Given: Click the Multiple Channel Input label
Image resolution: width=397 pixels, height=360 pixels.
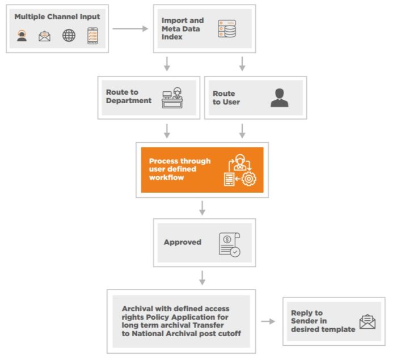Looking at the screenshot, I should pos(57,16).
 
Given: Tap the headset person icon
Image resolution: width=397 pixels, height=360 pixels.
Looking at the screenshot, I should pos(22,36).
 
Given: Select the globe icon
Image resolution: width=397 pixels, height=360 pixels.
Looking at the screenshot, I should pos(69,36).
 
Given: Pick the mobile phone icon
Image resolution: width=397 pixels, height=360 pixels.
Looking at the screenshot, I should pos(92,36).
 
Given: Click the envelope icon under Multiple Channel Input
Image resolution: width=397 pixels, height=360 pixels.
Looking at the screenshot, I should pos(44,37).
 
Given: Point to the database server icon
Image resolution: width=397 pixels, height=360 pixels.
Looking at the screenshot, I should pos(227,28).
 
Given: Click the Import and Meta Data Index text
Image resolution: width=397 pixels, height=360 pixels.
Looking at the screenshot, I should pos(183,29).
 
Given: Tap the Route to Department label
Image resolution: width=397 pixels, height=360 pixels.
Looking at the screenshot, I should pos(129,96).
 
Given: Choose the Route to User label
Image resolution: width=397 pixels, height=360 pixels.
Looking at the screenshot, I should pos(226,98).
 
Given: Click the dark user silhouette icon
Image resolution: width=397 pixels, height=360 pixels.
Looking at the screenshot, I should pos(279,98).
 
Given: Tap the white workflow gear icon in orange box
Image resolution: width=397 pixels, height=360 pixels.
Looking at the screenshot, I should pos(241,170).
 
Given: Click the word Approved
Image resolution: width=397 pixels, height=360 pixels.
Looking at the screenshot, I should pos(183,242).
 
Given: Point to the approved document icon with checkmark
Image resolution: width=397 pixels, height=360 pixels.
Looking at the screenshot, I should pos(229,243).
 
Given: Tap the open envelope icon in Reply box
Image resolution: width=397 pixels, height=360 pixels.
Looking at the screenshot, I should pos(367,321).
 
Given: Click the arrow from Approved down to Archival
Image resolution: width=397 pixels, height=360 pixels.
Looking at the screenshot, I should pos(202,278).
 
